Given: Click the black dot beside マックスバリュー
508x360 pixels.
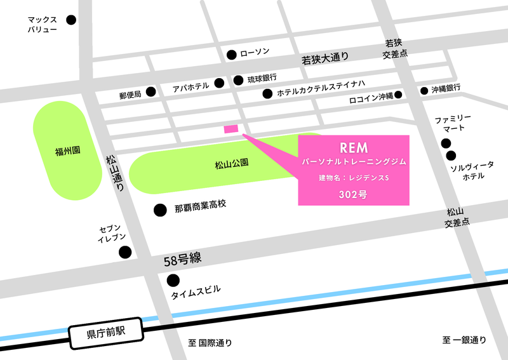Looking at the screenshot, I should tap(70, 20).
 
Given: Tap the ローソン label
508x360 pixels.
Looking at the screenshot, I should tap(255, 53).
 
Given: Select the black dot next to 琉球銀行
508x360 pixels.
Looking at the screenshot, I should tap(238, 80).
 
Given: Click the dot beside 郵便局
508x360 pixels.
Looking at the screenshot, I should tap(151, 92).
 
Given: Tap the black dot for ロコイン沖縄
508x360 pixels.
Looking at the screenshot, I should tap(398, 95).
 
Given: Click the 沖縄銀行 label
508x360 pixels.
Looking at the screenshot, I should tap(446, 89).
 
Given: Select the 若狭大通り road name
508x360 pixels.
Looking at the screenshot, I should tap(325, 60).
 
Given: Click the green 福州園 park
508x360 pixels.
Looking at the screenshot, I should tap(67, 151).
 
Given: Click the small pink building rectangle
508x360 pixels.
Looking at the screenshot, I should tap(231, 128).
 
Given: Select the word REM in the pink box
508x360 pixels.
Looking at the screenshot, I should tap(354, 148).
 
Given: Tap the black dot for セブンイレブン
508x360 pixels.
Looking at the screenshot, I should tap(125, 252).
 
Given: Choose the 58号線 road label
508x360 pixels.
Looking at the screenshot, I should tap(182, 259).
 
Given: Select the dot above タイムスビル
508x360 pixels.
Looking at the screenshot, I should tap(172, 280).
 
